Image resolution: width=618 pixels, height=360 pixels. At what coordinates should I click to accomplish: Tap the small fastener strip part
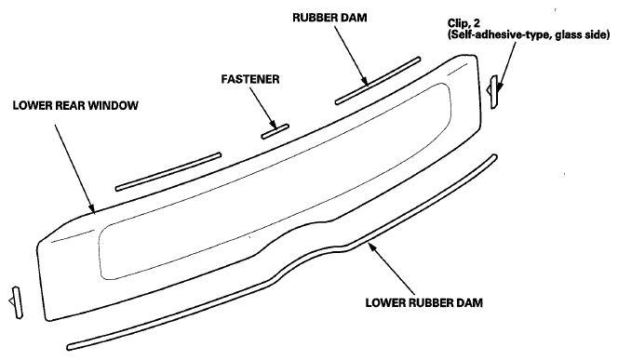[x=275, y=131]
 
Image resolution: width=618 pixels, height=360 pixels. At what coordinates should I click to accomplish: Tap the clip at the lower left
[x=13, y=299]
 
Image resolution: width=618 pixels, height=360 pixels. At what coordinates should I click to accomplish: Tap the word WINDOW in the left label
[x=112, y=106]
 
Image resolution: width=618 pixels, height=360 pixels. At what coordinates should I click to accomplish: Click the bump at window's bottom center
[x=302, y=238]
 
